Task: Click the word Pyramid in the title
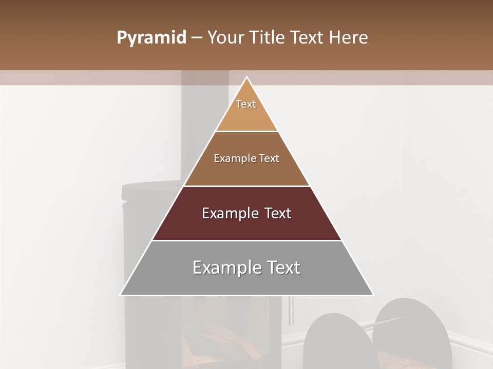pos(151,38)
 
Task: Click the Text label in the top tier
pos(246,104)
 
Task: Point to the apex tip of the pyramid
pos(247,78)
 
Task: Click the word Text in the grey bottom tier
pos(282,268)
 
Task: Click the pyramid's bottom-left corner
pos(121,295)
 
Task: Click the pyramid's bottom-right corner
pos(373,295)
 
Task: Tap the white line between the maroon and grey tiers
pos(247,240)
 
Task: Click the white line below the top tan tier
pos(247,131)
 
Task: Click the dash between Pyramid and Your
pos(196,38)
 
